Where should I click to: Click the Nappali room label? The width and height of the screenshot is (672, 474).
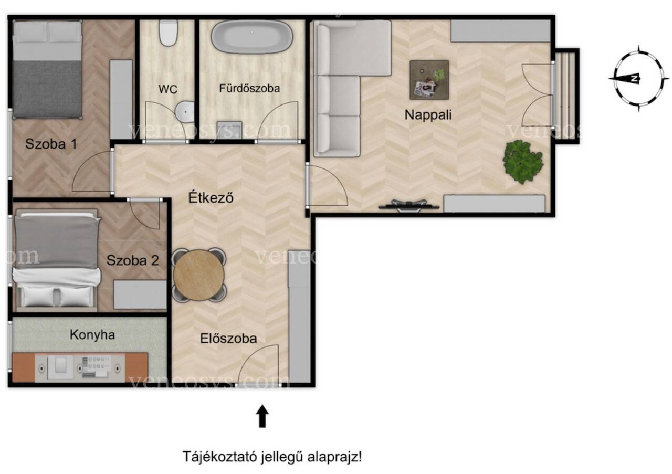click(x=428, y=115)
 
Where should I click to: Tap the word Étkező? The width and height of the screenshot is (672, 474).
click(x=211, y=197)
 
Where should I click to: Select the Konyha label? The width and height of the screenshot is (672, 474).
click(x=92, y=335)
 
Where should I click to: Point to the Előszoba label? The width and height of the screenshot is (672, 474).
click(x=228, y=339)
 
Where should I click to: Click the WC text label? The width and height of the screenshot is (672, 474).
click(x=168, y=89)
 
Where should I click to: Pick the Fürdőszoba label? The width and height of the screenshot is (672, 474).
click(x=249, y=88)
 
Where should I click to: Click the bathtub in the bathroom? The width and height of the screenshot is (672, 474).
click(x=251, y=37)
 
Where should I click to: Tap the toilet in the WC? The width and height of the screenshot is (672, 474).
click(x=169, y=33)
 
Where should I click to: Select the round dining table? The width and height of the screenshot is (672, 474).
click(x=199, y=275)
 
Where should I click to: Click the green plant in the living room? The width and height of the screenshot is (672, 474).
click(x=523, y=161)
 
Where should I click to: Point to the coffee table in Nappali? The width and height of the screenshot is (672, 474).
click(x=429, y=80)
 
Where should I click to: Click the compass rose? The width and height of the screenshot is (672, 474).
click(x=638, y=79)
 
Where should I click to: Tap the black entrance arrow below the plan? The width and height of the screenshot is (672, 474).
click(x=262, y=416)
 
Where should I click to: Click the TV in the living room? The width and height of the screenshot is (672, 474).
click(x=408, y=206)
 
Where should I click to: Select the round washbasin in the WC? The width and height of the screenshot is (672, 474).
click(x=185, y=112)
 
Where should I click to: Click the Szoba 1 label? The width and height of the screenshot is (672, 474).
click(x=51, y=144)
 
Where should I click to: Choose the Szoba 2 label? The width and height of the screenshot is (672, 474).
click(x=133, y=260)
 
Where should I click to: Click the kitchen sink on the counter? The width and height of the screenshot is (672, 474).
click(x=60, y=368)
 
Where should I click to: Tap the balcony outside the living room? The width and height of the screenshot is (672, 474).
click(x=566, y=96)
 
